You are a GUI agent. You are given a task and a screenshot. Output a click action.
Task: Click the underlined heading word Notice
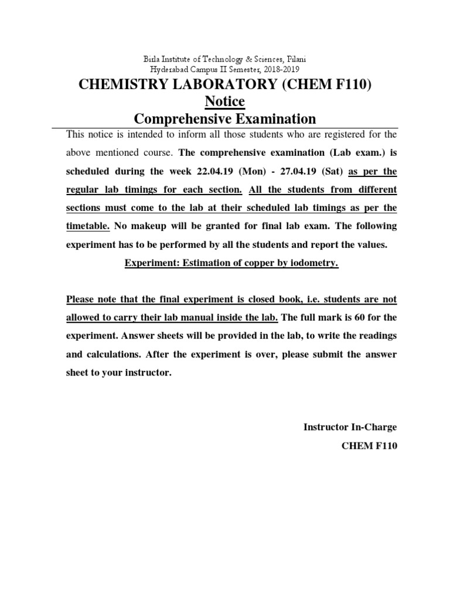(x=225, y=102)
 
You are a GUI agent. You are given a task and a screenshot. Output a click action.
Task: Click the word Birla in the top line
(x=154, y=59)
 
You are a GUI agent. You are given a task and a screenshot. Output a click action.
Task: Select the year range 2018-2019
(x=280, y=69)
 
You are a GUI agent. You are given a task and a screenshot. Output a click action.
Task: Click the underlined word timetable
(x=87, y=226)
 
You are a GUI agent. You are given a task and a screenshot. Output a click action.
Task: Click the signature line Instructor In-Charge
(x=350, y=427)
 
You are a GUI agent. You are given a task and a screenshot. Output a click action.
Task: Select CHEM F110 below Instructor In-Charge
(x=369, y=446)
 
